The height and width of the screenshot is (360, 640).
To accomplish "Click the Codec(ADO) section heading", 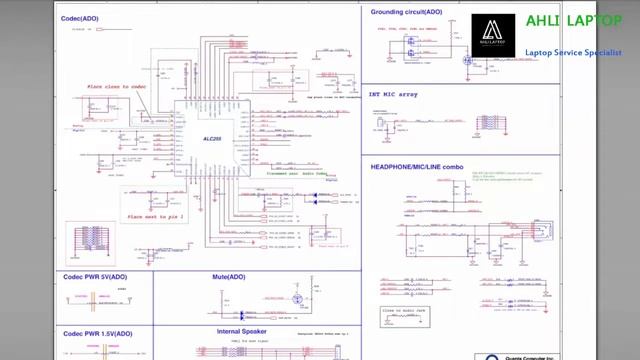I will pyautogui.click(x=79, y=18).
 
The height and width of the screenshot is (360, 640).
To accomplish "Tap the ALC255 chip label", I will pyautogui.click(x=212, y=139).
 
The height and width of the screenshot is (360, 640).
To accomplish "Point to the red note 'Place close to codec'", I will pyautogui.click(x=116, y=87).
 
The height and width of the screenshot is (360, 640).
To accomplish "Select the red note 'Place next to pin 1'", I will pyautogui.click(x=155, y=216).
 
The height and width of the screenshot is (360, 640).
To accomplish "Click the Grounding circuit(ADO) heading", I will pyautogui.click(x=406, y=12).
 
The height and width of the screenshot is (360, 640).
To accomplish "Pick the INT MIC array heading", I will pyautogui.click(x=393, y=95).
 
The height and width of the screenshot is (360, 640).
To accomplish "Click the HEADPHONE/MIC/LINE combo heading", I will pyautogui.click(x=417, y=166).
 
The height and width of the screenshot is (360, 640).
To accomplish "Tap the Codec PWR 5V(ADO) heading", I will pyautogui.click(x=95, y=277).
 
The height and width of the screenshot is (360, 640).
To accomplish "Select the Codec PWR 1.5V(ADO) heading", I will pyautogui.click(x=98, y=333).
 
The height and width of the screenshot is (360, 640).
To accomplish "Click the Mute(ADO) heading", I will pyautogui.click(x=228, y=277).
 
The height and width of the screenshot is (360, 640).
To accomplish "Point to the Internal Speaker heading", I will pyautogui.click(x=241, y=331).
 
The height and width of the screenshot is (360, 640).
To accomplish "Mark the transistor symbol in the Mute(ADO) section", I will pyautogui.click(x=298, y=299).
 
